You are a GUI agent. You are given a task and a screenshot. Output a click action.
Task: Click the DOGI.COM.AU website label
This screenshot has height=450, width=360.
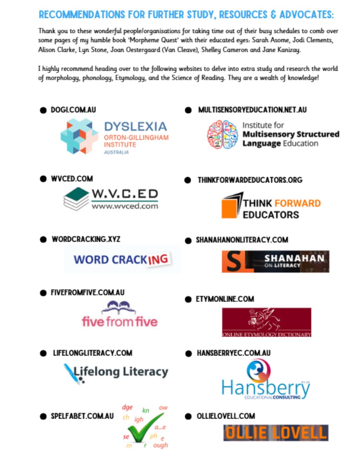click(73, 110)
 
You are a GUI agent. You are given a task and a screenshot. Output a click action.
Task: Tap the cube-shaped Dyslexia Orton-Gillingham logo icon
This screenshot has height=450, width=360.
click(79, 137)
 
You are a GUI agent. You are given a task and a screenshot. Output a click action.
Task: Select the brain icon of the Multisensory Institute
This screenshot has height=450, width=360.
click(222, 134)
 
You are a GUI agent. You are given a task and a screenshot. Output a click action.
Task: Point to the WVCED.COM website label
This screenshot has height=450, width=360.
click(72, 179)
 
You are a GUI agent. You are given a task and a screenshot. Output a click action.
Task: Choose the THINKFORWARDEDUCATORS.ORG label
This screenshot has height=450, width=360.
click(250, 180)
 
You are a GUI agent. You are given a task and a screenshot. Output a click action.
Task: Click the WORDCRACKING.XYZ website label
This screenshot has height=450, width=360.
click(86, 239)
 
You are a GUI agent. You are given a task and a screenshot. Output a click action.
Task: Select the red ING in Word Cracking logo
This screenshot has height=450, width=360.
click(158, 259)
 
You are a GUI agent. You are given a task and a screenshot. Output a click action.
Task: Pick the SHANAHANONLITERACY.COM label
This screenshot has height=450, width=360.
click(242, 240)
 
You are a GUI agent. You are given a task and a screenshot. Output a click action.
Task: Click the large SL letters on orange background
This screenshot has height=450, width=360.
click(237, 261)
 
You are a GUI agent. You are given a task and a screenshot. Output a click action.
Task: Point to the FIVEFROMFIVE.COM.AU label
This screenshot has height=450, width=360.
click(87, 292)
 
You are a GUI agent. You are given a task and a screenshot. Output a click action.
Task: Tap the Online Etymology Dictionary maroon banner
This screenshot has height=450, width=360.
click(266, 322)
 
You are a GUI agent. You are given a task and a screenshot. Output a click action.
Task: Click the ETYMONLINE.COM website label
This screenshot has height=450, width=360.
click(225, 299)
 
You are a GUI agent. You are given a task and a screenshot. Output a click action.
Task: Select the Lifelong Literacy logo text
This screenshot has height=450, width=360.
click(121, 372)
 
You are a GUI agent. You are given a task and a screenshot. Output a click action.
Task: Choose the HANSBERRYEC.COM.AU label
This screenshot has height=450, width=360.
click(233, 353)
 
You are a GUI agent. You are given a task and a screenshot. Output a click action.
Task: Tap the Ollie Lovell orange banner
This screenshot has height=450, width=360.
click(276, 433)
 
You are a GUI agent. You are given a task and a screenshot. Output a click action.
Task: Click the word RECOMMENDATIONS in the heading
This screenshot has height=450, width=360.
click(82, 15)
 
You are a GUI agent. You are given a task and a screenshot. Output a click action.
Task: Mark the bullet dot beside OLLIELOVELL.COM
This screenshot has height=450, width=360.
click(188, 416)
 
